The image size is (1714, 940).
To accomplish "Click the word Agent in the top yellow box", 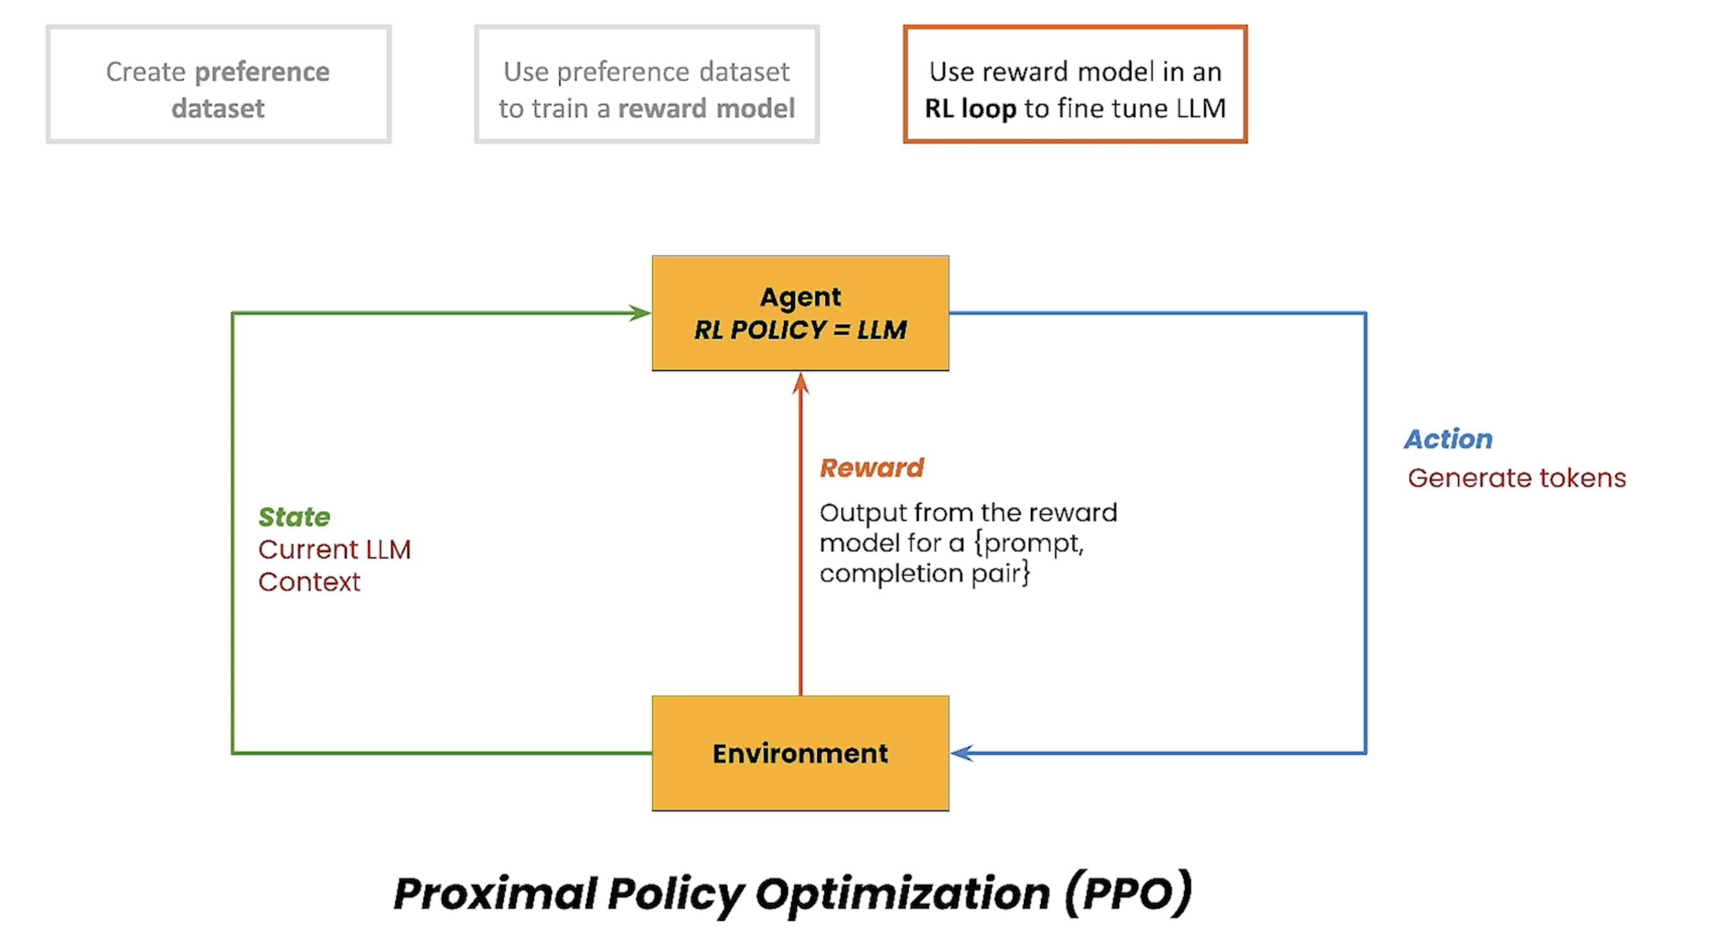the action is tap(801, 297).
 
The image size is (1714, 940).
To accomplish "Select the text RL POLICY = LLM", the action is tap(801, 330).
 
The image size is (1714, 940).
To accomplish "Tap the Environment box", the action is tap(801, 753).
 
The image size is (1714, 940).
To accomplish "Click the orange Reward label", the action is tap(872, 467).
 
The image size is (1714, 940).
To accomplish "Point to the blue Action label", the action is tap(1449, 439).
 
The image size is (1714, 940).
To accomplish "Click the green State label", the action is tap(294, 517).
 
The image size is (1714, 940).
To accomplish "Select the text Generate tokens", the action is tap(1517, 478).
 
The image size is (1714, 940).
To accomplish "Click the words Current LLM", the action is tap(334, 549).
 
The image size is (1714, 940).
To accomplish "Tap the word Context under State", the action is tap(310, 582).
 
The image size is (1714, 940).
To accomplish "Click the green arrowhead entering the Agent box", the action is tap(640, 313).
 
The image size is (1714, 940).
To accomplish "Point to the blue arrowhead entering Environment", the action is tap(962, 753).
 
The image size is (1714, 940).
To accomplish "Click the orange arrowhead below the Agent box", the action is tap(801, 383).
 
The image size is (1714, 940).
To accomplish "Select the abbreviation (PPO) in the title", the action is tap(1128, 893).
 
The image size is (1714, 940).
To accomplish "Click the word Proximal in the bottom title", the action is tap(494, 893).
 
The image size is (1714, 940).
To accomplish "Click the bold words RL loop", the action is tap(971, 109).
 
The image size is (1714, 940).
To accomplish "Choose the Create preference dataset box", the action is tap(218, 84).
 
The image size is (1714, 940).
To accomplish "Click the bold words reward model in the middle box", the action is tap(707, 109).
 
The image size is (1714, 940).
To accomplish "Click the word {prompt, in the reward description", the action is tap(1029, 544).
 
